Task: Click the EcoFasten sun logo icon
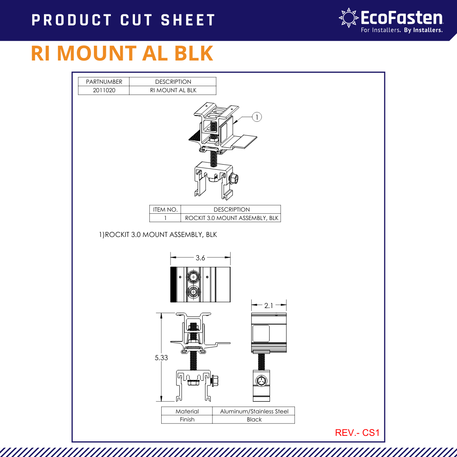[349, 18]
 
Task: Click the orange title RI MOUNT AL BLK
[122, 53]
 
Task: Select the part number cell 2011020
[104, 91]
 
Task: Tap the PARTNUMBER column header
[104, 82]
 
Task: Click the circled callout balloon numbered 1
[257, 117]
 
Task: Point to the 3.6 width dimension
[200, 258]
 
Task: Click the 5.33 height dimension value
[161, 358]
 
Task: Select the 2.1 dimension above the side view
[268, 306]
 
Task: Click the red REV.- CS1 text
[357, 432]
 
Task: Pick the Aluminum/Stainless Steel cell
[254, 411]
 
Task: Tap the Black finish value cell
[254, 419]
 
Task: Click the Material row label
[187, 411]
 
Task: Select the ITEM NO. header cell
[165, 209]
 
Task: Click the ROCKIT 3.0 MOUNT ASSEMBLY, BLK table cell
[231, 218]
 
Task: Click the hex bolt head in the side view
[262, 381]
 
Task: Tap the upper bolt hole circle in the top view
[193, 277]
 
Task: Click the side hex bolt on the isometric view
[234, 179]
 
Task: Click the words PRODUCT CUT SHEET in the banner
[123, 20]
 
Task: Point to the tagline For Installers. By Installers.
[402, 30]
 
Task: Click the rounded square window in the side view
[261, 333]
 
